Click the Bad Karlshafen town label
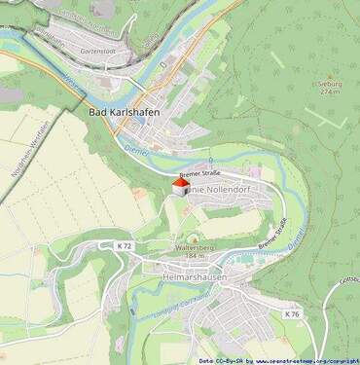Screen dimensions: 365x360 click(124, 112)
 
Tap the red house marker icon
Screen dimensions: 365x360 click(181, 185)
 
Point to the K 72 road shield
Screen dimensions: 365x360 click(125, 247)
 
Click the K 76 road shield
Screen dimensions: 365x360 click(291, 314)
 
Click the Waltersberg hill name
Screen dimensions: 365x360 click(194, 248)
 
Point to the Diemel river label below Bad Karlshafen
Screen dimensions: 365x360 click(135, 151)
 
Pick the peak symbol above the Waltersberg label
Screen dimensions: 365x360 click(193, 238)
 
